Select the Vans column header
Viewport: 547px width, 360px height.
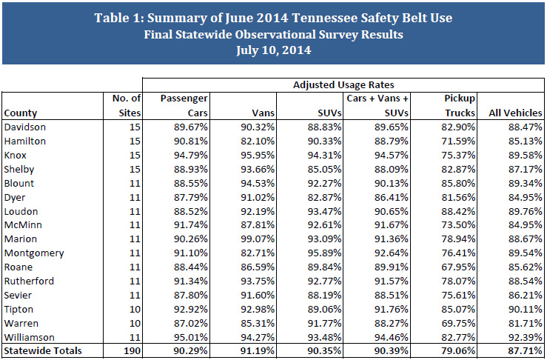click(x=266, y=113)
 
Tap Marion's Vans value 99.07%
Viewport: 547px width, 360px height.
click(x=261, y=240)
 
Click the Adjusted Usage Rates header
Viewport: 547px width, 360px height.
click(x=343, y=84)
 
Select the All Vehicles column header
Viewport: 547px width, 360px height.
click(x=515, y=113)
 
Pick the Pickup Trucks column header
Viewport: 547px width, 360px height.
click(x=459, y=105)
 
